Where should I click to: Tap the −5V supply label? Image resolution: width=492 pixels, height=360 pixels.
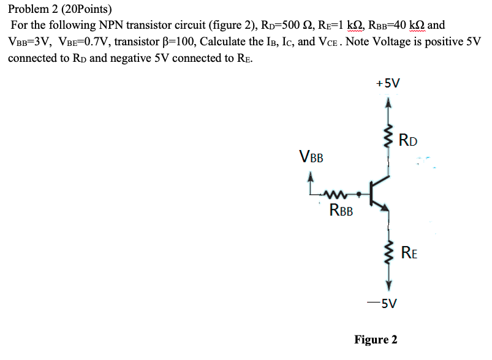[x=385, y=302]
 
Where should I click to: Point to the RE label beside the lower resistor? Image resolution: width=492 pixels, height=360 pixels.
[x=410, y=251]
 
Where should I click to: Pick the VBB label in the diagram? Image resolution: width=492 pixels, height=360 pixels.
[x=311, y=156]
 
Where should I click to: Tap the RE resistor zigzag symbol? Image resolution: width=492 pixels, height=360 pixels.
[x=387, y=251]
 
